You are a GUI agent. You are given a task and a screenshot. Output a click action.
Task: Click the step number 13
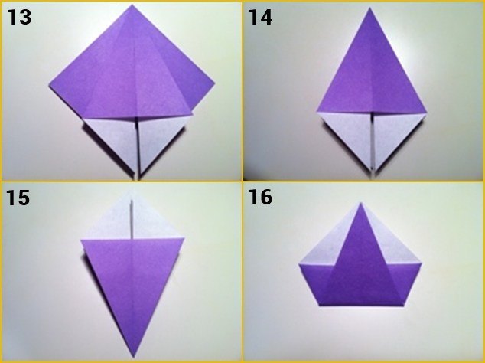click(x=19, y=16)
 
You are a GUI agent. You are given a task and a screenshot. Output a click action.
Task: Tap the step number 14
click(x=261, y=16)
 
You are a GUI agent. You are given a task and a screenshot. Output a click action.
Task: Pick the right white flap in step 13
click(x=158, y=138)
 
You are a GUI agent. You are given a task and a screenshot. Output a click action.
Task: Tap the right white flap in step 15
click(x=153, y=222)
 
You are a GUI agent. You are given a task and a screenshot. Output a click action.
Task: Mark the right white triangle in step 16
click(x=399, y=248)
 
